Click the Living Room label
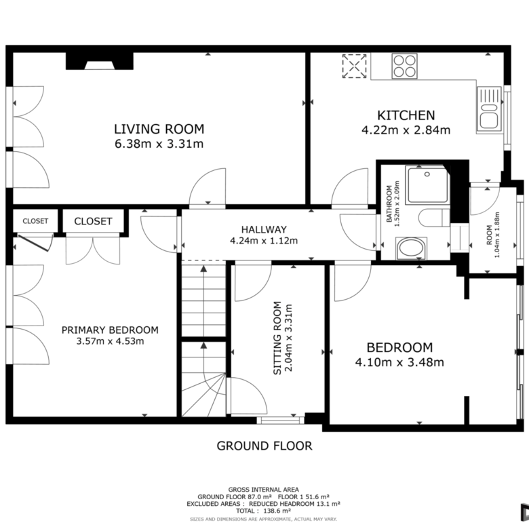[159, 130]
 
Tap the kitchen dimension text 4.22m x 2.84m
[406, 130]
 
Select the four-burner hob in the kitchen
[404, 66]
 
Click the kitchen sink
[489, 109]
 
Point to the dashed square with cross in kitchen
[354, 66]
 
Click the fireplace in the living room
[99, 61]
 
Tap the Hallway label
[264, 230]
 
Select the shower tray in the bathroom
[427, 184]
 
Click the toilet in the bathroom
[434, 218]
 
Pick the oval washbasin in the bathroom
[411, 248]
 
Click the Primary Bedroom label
[110, 330]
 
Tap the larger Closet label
[93, 221]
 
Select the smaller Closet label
[35, 221]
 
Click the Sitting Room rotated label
[277, 338]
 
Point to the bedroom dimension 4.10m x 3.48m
[399, 362]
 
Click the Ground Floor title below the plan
[264, 446]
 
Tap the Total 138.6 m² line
[264, 511]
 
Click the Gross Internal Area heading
[264, 490]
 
